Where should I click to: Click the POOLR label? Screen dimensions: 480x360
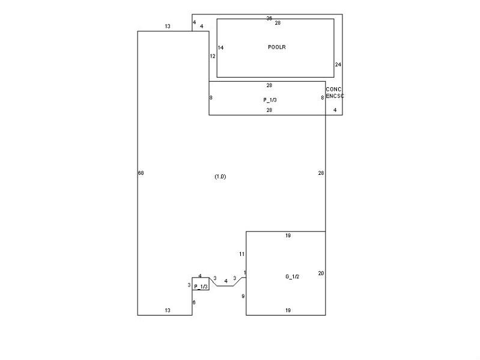[277, 47]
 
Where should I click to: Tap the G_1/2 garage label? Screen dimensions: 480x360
[292, 276]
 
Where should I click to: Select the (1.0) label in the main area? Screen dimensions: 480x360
[220, 177]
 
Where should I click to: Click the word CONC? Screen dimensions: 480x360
[333, 90]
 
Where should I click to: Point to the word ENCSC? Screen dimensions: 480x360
[335, 96]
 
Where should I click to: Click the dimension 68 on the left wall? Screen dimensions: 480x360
[141, 173]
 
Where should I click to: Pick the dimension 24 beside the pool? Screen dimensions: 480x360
[338, 64]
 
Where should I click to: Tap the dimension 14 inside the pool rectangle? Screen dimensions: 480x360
[220, 47]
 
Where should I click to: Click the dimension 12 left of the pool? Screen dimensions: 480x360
[213, 56]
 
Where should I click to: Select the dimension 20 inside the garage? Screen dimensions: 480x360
[321, 273]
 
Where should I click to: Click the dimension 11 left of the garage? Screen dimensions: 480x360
[242, 254]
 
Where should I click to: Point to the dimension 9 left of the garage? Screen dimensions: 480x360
[243, 296]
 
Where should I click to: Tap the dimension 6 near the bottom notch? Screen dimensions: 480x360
[194, 302]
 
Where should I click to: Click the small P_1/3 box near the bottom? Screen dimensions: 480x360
[201, 284]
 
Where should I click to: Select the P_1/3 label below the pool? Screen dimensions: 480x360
[270, 100]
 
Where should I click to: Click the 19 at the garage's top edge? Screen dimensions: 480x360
[288, 236]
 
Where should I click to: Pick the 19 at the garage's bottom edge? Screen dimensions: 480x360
[288, 310]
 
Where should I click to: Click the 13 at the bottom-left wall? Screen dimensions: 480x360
[168, 310]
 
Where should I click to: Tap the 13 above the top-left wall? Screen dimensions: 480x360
[168, 26]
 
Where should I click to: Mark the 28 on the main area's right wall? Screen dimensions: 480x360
[321, 173]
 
